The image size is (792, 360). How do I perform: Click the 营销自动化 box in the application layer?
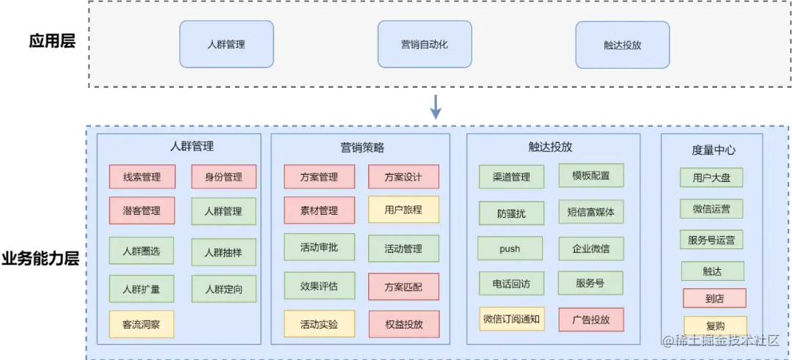click(x=425, y=45)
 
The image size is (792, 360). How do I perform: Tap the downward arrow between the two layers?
click(x=436, y=106)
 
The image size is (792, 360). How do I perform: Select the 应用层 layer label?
click(x=52, y=41)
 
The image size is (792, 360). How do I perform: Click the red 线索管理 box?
click(x=142, y=177)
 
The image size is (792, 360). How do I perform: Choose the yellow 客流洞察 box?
click(x=142, y=324)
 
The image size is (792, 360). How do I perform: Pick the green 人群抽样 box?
click(x=224, y=252)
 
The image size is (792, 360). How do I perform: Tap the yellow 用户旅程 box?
click(x=403, y=210)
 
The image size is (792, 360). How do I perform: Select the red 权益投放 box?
click(x=404, y=324)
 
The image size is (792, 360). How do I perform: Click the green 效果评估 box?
click(x=319, y=286)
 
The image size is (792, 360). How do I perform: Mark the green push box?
click(x=510, y=249)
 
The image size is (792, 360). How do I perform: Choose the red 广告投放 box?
click(x=592, y=320)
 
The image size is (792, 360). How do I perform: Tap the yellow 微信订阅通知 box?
click(x=512, y=319)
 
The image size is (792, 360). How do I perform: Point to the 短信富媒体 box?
click(x=592, y=212)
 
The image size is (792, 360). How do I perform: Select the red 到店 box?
click(x=714, y=298)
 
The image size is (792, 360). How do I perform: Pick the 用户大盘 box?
click(x=711, y=177)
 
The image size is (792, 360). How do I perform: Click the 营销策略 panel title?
click(x=362, y=147)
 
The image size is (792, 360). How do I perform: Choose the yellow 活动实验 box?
click(x=319, y=324)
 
